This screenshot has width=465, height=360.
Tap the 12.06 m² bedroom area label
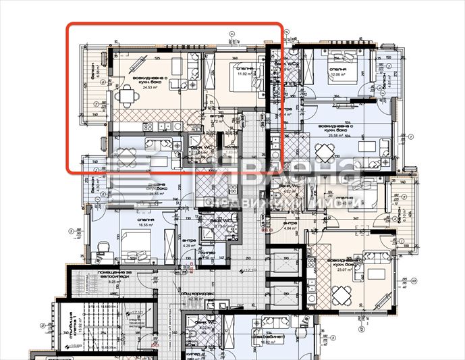338,76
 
